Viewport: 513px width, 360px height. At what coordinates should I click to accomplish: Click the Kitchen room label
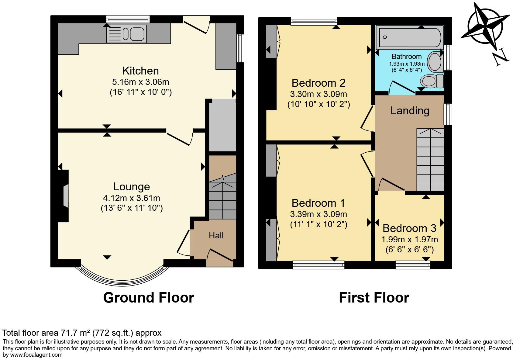140,71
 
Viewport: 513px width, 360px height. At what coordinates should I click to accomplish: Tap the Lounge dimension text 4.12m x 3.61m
131,198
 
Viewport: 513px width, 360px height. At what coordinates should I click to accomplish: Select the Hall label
216,235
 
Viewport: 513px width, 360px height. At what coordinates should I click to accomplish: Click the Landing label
410,111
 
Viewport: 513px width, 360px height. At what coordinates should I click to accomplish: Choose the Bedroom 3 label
409,228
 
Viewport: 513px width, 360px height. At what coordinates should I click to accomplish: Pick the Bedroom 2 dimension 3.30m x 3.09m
318,94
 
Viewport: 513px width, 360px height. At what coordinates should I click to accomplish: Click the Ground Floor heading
148,297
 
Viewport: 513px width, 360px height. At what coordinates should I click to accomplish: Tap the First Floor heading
374,297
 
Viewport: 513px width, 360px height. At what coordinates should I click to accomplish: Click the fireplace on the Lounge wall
65,196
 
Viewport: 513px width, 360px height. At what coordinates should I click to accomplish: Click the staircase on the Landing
430,160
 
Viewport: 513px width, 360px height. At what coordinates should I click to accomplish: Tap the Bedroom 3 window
413,265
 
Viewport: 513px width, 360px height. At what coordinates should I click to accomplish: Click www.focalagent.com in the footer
36,355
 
